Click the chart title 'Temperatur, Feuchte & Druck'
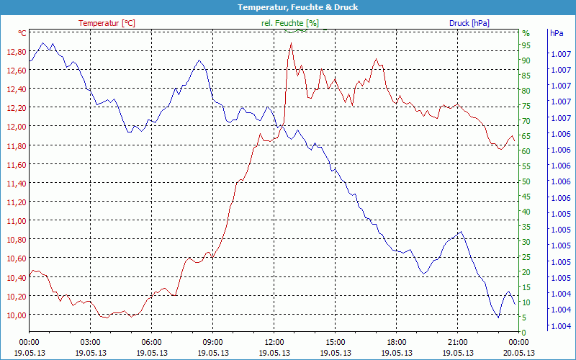click(x=288, y=7)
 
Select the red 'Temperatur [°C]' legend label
click(x=107, y=23)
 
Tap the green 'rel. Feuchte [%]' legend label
click(x=289, y=23)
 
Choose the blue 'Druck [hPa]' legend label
click(x=469, y=23)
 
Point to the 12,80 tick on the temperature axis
click(x=16, y=52)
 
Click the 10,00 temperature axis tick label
click(x=16, y=315)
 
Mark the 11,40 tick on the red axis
click(x=16, y=184)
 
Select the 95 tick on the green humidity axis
click(x=526, y=45)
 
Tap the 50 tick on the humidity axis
click(x=526, y=181)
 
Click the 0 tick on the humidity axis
click(x=523, y=333)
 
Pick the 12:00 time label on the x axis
click(x=274, y=342)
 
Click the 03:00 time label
click(x=90, y=342)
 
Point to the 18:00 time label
click(x=397, y=342)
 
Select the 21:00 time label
click(x=458, y=342)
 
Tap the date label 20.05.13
click(x=518, y=353)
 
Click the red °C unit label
click(x=22, y=33)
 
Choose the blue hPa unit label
click(x=557, y=33)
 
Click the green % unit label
click(x=526, y=33)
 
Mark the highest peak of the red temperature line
click(x=291, y=43)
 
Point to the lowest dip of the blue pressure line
click(x=498, y=318)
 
